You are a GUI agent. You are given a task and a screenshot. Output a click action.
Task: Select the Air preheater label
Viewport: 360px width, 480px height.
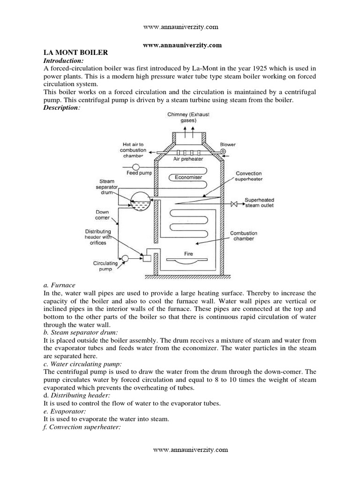click(x=188, y=159)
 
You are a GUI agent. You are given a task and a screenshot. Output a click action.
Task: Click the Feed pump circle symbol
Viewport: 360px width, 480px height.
click(x=135, y=167)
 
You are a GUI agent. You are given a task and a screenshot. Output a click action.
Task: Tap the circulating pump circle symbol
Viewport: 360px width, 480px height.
click(x=125, y=258)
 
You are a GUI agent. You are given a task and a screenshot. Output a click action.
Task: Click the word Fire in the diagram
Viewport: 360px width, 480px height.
click(x=188, y=254)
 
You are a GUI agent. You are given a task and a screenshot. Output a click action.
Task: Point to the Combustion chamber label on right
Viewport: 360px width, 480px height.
click(x=243, y=236)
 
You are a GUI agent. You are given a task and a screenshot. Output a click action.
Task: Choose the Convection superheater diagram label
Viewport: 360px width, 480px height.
click(x=248, y=176)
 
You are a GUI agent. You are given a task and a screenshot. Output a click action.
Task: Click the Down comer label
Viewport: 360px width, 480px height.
click(x=102, y=215)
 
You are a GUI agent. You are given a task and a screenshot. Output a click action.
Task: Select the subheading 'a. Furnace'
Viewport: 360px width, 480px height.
click(x=59, y=285)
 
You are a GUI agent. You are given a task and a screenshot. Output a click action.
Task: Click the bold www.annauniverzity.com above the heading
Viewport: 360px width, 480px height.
click(x=181, y=45)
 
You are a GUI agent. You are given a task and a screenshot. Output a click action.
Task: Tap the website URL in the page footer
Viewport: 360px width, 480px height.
click(x=191, y=450)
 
